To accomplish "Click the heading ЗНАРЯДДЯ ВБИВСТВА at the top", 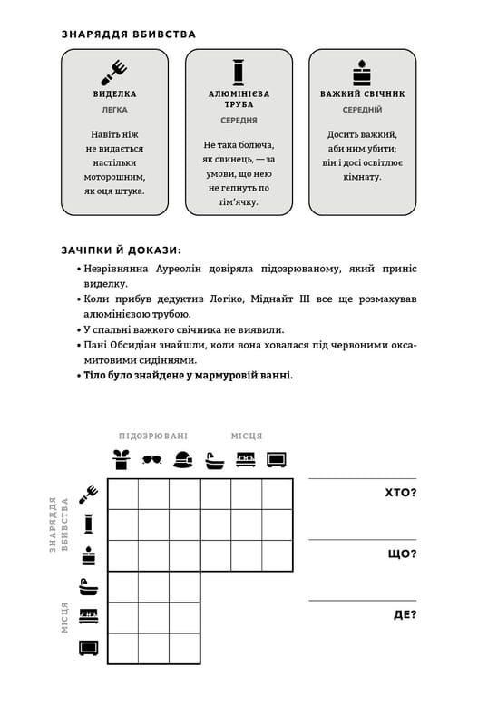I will (x=129, y=34).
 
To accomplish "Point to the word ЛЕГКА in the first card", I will (x=115, y=109).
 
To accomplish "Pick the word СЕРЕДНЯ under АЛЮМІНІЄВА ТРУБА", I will (x=239, y=120).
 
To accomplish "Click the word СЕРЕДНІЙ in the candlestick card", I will (x=362, y=109).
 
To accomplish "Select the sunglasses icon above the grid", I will (x=153, y=459).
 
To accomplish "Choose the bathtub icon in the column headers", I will (x=214, y=459).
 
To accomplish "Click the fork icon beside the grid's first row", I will (x=89, y=493).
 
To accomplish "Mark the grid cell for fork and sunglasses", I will (x=153, y=494).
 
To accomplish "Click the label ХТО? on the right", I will (x=401, y=493).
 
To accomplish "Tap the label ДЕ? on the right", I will (x=405, y=614).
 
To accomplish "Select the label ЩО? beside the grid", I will (x=402, y=554).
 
